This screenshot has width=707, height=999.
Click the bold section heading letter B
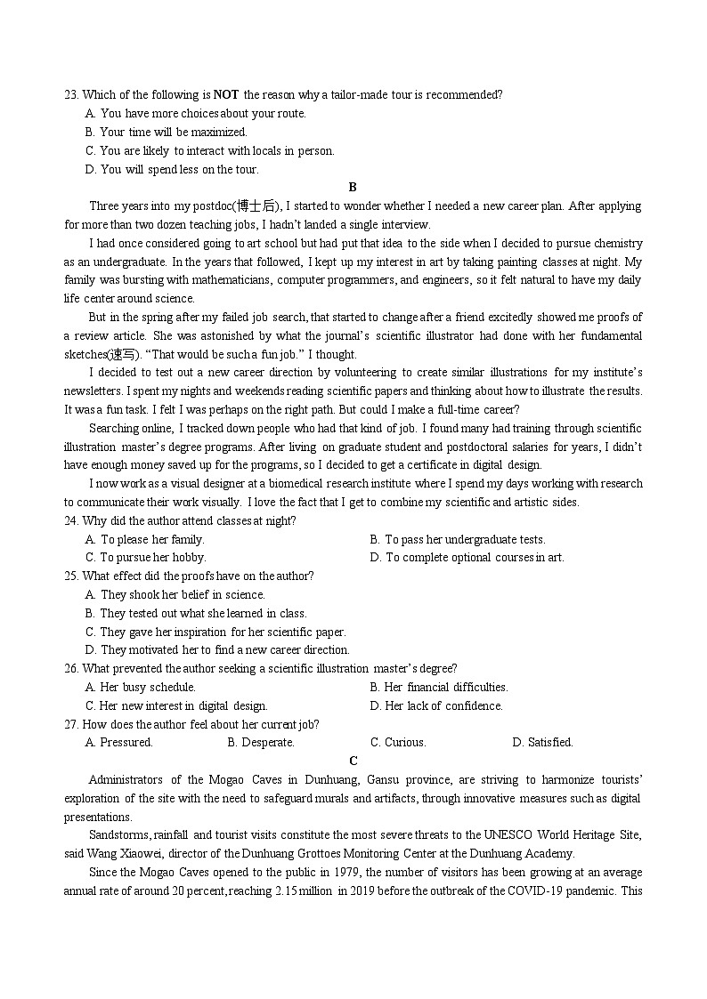[x=353, y=187]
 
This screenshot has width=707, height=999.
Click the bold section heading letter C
[x=353, y=761]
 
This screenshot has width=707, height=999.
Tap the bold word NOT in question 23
[x=227, y=94]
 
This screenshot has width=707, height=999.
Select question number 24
[x=71, y=521]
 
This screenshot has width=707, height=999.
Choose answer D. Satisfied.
[x=542, y=742]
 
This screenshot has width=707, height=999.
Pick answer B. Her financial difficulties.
[x=439, y=687]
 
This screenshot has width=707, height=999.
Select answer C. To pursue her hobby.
[x=145, y=558]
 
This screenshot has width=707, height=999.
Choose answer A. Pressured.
[x=119, y=742]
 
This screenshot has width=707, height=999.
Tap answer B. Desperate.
[x=261, y=742]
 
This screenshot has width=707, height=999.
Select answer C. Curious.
[x=398, y=742]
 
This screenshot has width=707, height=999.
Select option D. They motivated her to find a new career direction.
[x=217, y=649]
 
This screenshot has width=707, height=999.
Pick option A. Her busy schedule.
[x=141, y=687]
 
